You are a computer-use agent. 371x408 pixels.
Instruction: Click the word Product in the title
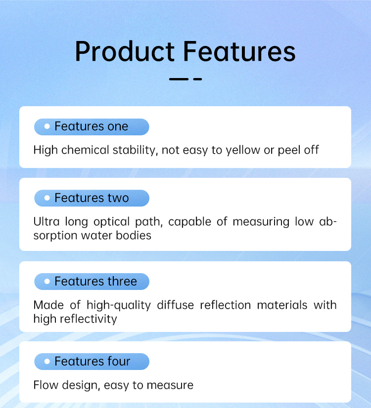coord(125,51)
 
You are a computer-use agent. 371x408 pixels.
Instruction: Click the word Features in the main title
coord(239,51)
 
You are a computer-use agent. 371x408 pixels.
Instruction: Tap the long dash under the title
coord(179,79)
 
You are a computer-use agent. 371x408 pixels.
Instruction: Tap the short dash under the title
coord(198,79)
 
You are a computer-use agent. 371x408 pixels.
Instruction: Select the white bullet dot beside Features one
coord(47,126)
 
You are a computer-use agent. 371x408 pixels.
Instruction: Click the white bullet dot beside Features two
coord(47,198)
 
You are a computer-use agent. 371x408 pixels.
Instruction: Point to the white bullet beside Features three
coord(47,281)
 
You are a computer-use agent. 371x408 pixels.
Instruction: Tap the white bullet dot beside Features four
coord(47,362)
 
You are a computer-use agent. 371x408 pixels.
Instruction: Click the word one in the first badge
coord(118,127)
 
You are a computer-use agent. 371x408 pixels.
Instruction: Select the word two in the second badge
coord(118,198)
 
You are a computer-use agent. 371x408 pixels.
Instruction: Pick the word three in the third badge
coord(122,281)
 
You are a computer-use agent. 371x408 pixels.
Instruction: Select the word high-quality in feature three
coord(119,305)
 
